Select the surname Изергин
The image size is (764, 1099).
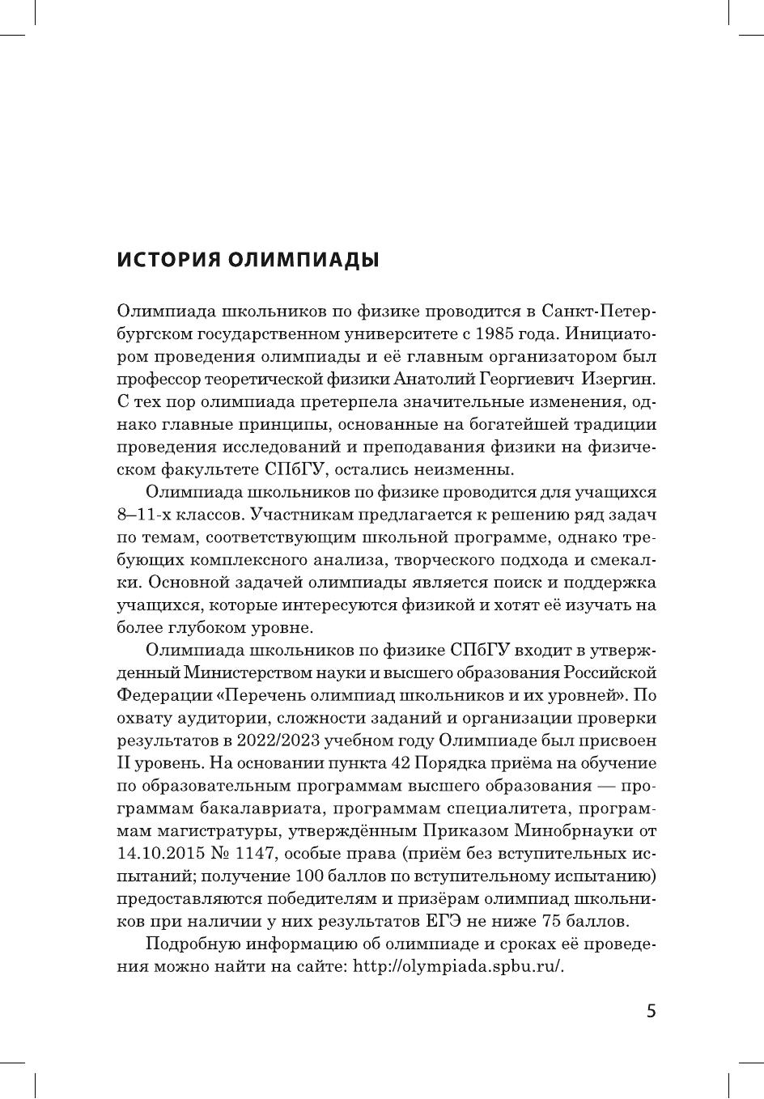tap(621, 378)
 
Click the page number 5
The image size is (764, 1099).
tap(652, 1012)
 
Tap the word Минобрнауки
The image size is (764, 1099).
tap(573, 831)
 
